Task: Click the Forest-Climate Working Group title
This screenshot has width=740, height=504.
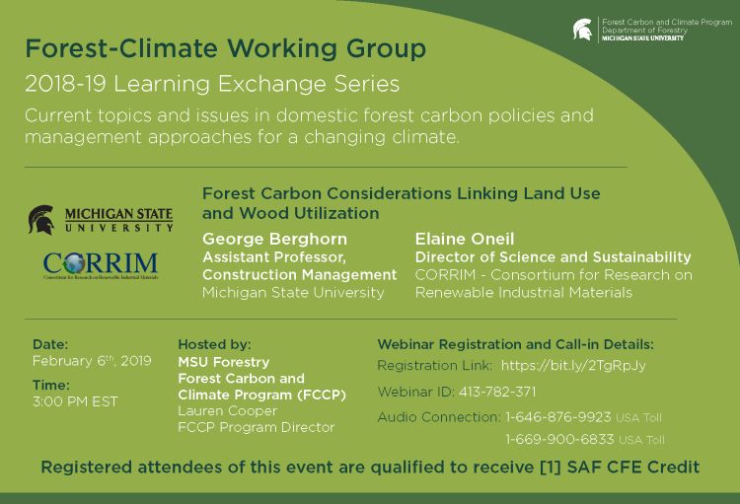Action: (x=226, y=47)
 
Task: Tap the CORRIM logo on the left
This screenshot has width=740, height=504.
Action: (x=100, y=265)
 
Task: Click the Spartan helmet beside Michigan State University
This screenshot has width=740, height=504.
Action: (x=41, y=219)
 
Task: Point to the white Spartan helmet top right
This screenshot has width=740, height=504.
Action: (x=583, y=30)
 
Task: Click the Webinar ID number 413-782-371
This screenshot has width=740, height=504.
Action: (x=496, y=392)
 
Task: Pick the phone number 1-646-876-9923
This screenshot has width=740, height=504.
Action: (x=557, y=417)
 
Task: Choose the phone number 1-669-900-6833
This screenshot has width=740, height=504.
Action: (x=559, y=439)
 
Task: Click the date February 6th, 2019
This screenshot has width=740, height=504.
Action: (x=92, y=361)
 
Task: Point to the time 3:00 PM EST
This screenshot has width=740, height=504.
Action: (x=75, y=401)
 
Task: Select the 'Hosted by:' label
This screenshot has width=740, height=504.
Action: (x=214, y=344)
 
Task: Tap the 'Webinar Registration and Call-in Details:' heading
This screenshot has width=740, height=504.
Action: (x=515, y=344)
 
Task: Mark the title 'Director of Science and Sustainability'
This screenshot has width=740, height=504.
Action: (x=553, y=256)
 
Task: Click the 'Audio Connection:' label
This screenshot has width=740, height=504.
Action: (x=438, y=417)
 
